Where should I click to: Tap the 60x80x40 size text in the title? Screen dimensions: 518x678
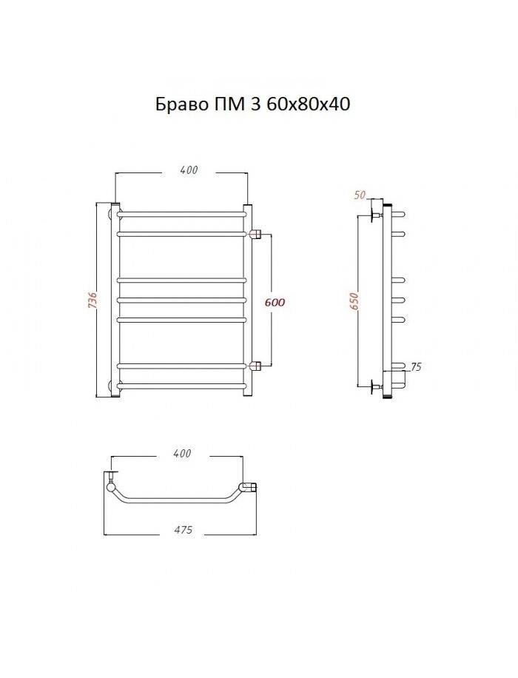click(x=309, y=104)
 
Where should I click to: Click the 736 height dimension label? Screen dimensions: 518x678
click(x=92, y=300)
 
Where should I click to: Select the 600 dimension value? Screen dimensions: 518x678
click(x=275, y=302)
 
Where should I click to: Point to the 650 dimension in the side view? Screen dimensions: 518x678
click(x=354, y=301)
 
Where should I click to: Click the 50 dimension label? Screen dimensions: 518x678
click(x=360, y=195)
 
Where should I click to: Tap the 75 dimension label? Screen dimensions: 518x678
click(x=416, y=367)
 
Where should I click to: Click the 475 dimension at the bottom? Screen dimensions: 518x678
click(x=184, y=530)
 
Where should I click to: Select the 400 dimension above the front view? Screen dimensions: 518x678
click(x=189, y=170)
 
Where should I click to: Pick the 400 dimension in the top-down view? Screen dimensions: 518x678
click(x=182, y=453)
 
